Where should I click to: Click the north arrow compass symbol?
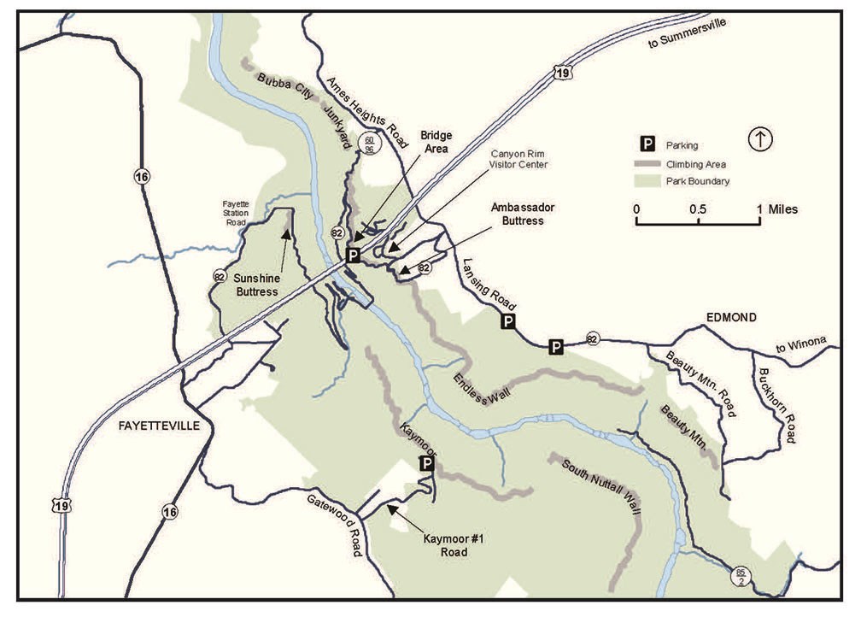(x=759, y=139)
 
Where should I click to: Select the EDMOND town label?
(x=731, y=317)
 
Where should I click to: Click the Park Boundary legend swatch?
(x=649, y=181)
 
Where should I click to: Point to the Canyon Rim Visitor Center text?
(x=518, y=159)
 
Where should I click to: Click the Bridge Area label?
(x=436, y=142)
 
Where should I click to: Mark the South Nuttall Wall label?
(x=601, y=488)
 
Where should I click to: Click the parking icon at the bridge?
(x=353, y=255)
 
